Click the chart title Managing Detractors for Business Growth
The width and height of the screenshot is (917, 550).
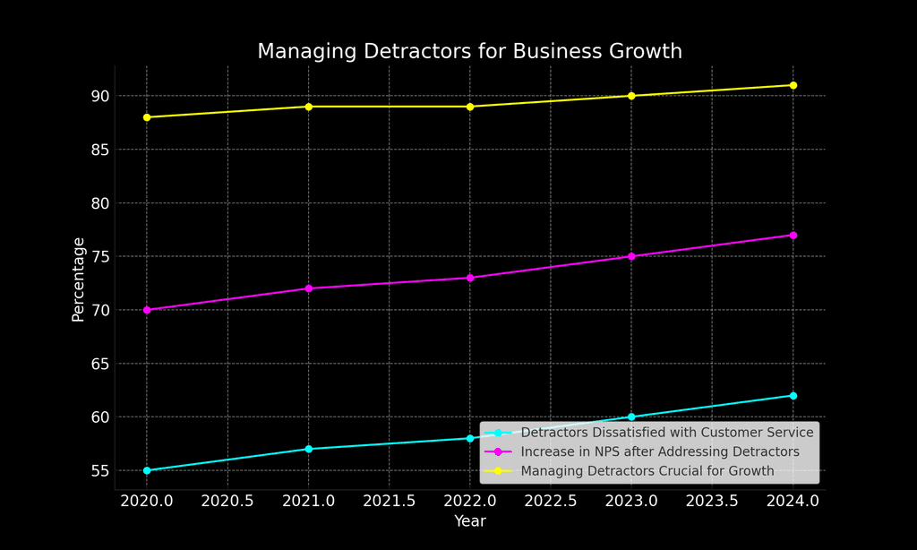tap(469, 52)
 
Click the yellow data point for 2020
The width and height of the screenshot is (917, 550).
tap(147, 117)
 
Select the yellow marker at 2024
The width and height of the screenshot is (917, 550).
tap(793, 85)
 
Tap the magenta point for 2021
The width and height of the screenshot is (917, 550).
tap(309, 288)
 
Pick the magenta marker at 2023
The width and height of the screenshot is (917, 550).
tap(631, 256)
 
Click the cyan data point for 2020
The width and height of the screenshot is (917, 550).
tap(147, 470)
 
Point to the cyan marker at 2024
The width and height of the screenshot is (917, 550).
tap(793, 395)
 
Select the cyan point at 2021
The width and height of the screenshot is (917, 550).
tap(309, 449)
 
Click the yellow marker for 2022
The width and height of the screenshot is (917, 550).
tap(470, 107)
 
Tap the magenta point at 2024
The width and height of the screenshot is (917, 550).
tap(793, 235)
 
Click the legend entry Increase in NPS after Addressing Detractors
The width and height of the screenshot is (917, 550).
tap(659, 451)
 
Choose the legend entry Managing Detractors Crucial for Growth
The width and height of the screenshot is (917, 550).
tap(647, 470)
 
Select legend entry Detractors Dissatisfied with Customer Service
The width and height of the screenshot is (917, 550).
tap(666, 433)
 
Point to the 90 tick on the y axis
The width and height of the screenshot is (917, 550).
tap(99, 96)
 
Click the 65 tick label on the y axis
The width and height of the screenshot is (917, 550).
tap(99, 364)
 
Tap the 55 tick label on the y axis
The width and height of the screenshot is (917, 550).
tap(99, 470)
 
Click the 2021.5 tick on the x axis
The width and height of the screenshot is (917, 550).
tap(390, 501)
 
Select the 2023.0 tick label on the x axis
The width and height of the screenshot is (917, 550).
tap(631, 501)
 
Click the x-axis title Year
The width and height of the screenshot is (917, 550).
tap(470, 521)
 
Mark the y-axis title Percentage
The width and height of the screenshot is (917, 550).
tap(79, 279)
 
